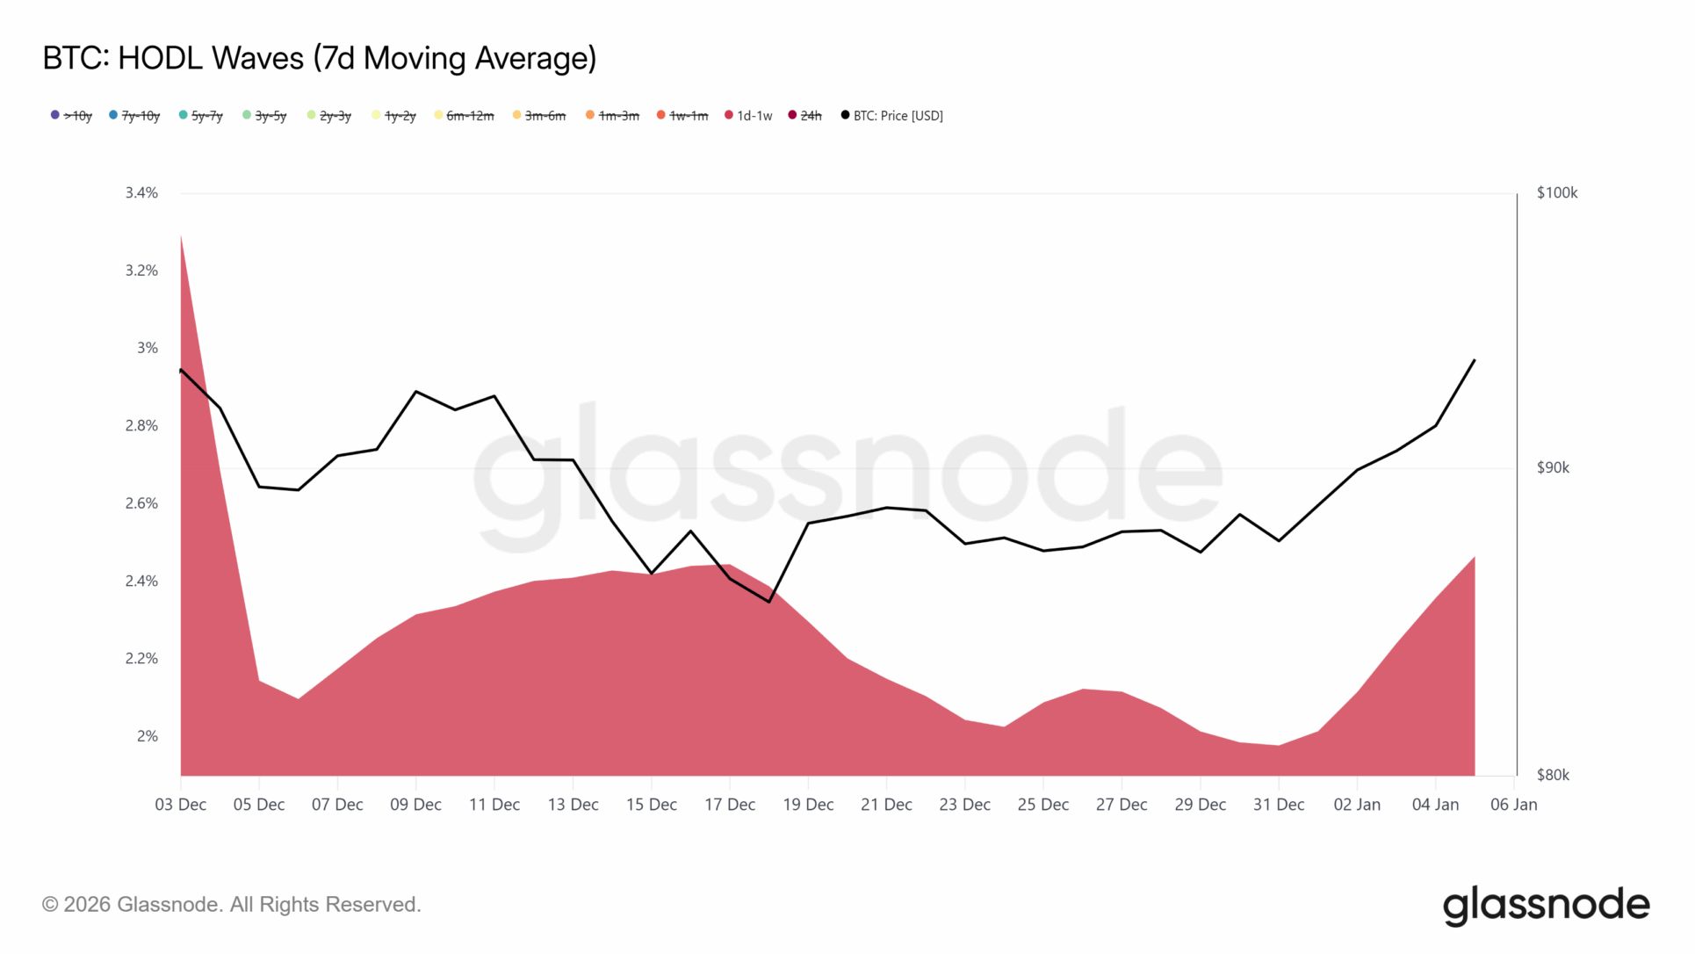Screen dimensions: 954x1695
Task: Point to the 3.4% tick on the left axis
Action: [x=141, y=192]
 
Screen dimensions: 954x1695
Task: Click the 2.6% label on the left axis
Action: [x=141, y=503]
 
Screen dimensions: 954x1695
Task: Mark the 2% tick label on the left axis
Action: [x=147, y=736]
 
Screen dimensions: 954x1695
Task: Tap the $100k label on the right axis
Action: [x=1556, y=192]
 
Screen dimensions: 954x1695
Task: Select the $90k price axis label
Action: [x=1553, y=467]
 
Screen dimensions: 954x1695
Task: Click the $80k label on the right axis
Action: [x=1553, y=775]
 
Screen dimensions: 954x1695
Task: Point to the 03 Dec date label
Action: [x=181, y=805]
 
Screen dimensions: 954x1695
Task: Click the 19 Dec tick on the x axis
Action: [x=808, y=805]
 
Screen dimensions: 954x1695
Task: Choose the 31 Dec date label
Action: [x=1279, y=805]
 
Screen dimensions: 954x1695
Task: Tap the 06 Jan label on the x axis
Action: [x=1514, y=805]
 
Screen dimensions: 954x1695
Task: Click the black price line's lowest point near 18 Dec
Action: [x=769, y=602]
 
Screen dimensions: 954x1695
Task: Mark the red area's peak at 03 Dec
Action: [x=181, y=235]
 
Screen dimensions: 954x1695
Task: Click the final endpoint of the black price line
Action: [x=1475, y=360]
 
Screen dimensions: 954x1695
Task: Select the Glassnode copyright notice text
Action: [x=232, y=905]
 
